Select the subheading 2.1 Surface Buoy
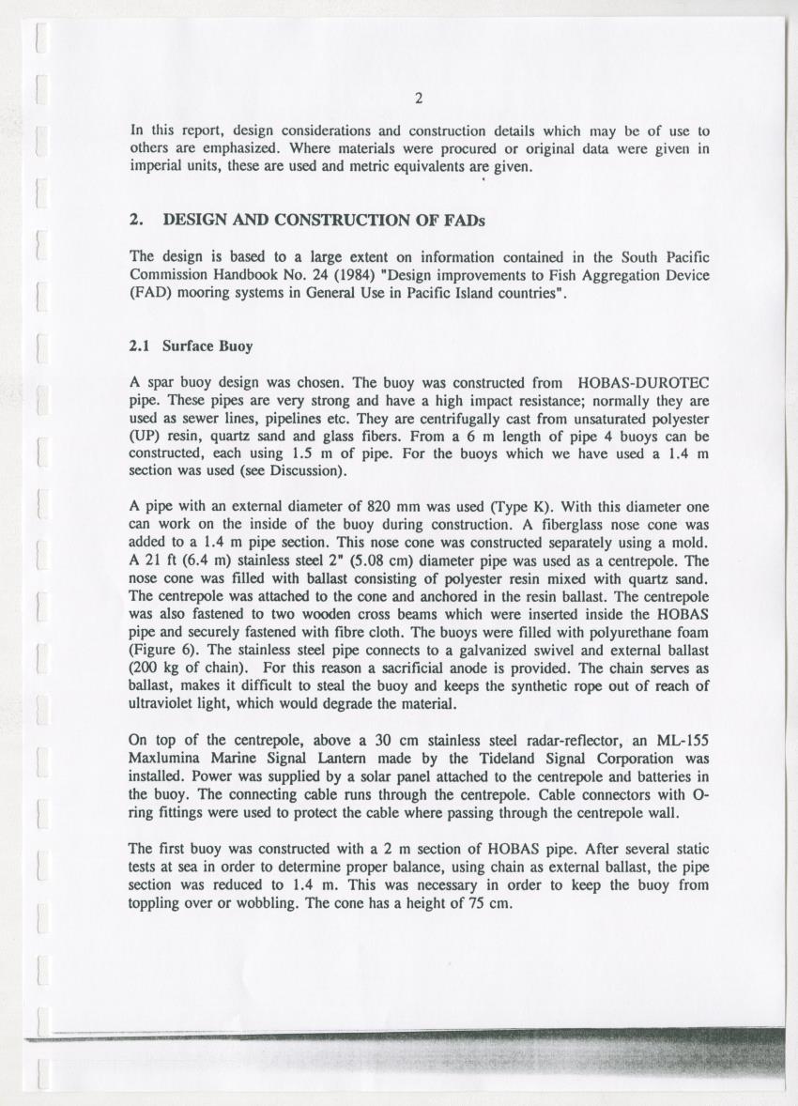[191, 345]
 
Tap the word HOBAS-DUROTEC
[644, 382]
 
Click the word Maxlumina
[169, 758]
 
